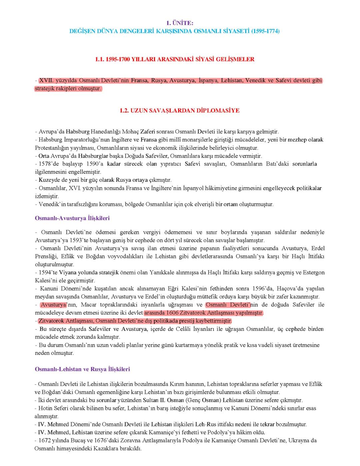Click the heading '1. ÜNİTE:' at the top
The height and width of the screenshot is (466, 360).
[x=180, y=23]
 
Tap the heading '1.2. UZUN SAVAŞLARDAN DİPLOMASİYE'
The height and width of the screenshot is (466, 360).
[x=180, y=111]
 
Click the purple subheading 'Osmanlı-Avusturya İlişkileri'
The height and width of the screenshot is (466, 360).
[x=72, y=218]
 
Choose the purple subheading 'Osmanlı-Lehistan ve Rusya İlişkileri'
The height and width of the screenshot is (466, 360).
[x=82, y=369]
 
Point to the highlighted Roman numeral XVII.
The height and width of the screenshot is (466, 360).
[x=47, y=81]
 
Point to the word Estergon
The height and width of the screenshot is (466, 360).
[x=314, y=273]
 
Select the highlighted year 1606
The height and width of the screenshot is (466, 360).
[x=170, y=313]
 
